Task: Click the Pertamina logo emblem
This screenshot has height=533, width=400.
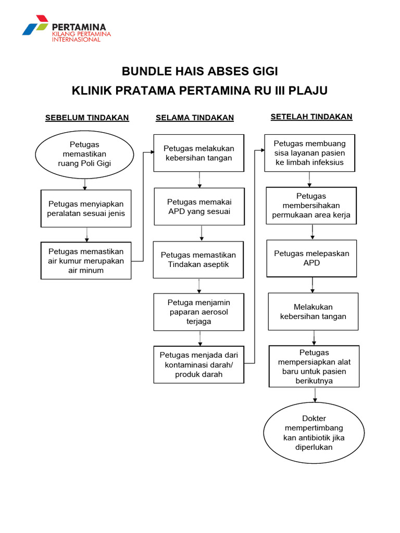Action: (x=35, y=26)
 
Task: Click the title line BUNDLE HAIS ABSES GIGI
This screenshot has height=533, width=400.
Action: (x=199, y=71)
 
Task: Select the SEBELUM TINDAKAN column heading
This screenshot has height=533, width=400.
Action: (x=87, y=118)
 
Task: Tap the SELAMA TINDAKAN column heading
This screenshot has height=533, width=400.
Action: (x=195, y=118)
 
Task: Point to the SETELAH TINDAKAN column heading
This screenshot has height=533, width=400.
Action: (x=311, y=117)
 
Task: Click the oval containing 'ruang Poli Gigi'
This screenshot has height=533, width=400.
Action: (x=84, y=154)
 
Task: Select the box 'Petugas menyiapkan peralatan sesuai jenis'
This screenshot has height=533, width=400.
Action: (x=86, y=208)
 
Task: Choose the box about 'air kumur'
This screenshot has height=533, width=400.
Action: (x=86, y=261)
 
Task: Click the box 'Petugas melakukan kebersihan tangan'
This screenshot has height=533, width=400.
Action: (x=198, y=153)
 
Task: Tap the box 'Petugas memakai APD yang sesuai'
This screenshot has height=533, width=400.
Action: (x=199, y=207)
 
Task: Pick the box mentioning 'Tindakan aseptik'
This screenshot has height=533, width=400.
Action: (x=198, y=260)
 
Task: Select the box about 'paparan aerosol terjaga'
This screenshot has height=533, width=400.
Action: (x=198, y=312)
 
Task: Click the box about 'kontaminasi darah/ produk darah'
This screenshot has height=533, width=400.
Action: (x=198, y=365)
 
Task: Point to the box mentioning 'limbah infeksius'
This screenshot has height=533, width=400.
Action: (x=309, y=153)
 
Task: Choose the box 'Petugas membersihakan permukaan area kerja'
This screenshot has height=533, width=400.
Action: (x=311, y=206)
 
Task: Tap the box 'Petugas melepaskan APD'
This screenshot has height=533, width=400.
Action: (x=311, y=258)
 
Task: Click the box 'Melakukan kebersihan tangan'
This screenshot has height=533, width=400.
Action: (x=313, y=311)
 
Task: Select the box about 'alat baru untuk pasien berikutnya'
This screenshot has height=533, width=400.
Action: (x=314, y=366)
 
